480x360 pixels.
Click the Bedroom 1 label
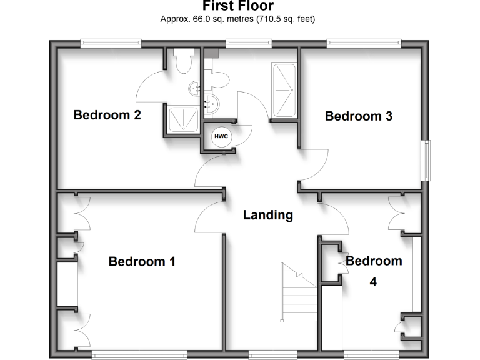[x=142, y=261]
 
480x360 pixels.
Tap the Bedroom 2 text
[x=107, y=115]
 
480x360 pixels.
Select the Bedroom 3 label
[x=358, y=116]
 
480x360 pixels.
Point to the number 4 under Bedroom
[x=373, y=282]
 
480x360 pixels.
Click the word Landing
[x=268, y=215]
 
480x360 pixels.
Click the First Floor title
[x=237, y=6]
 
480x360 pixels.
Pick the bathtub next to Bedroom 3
[x=284, y=89]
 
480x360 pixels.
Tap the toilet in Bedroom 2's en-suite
[x=184, y=61]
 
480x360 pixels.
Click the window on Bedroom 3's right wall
[x=427, y=160]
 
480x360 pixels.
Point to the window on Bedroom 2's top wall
[x=111, y=43]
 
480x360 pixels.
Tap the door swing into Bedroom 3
[x=316, y=166]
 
